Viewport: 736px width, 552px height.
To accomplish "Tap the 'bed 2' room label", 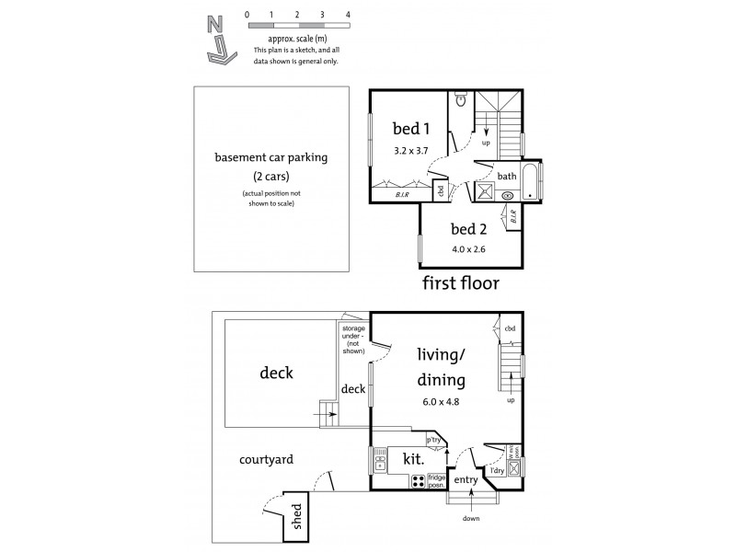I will click(x=467, y=228).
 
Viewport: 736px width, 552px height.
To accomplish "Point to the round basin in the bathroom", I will click(x=508, y=195).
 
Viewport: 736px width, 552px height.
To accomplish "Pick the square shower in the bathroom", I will click(x=484, y=190).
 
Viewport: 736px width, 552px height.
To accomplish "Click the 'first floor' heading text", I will click(x=460, y=282).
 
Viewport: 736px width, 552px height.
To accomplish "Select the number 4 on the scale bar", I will click(x=348, y=16).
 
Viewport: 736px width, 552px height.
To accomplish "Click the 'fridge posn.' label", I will click(x=437, y=480).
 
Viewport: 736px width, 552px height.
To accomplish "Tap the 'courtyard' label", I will click(x=267, y=459).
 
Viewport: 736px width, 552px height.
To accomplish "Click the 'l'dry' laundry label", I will click(x=497, y=470).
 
